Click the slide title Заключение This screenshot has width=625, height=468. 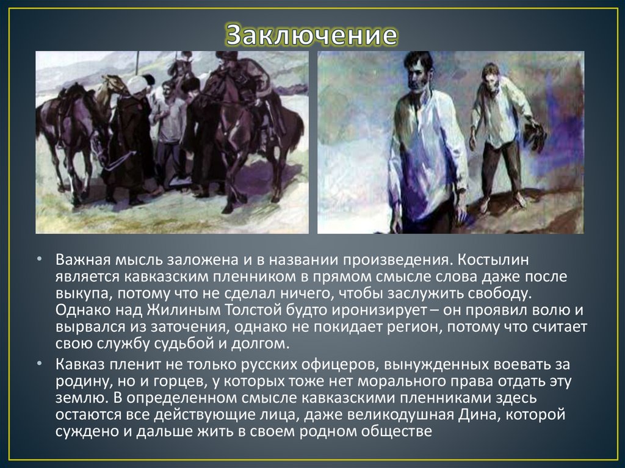coord(312,35)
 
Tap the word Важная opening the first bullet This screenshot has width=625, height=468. coord(80,261)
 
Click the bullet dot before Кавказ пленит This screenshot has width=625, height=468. coord(39,364)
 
